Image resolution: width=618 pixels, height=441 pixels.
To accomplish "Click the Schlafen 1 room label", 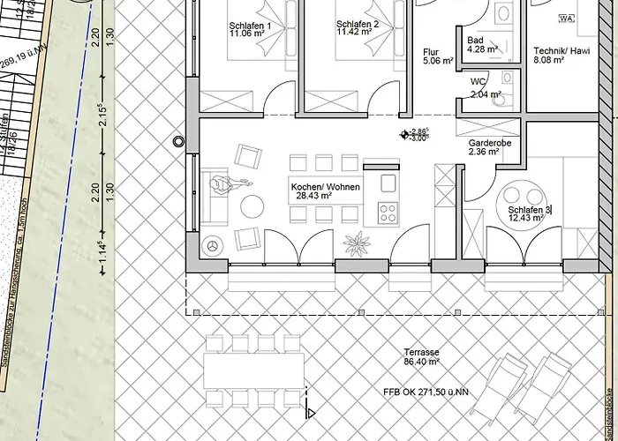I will click(x=250, y=26).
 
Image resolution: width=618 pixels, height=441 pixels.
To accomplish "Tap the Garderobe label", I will click(x=483, y=146).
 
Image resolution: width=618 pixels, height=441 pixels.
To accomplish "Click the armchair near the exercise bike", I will click(x=248, y=157).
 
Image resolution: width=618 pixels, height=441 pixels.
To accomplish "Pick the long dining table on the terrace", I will click(x=254, y=370).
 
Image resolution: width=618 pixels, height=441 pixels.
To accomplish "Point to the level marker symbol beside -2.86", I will click(x=405, y=135).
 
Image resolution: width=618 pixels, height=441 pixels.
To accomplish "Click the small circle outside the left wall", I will click(x=179, y=141).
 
